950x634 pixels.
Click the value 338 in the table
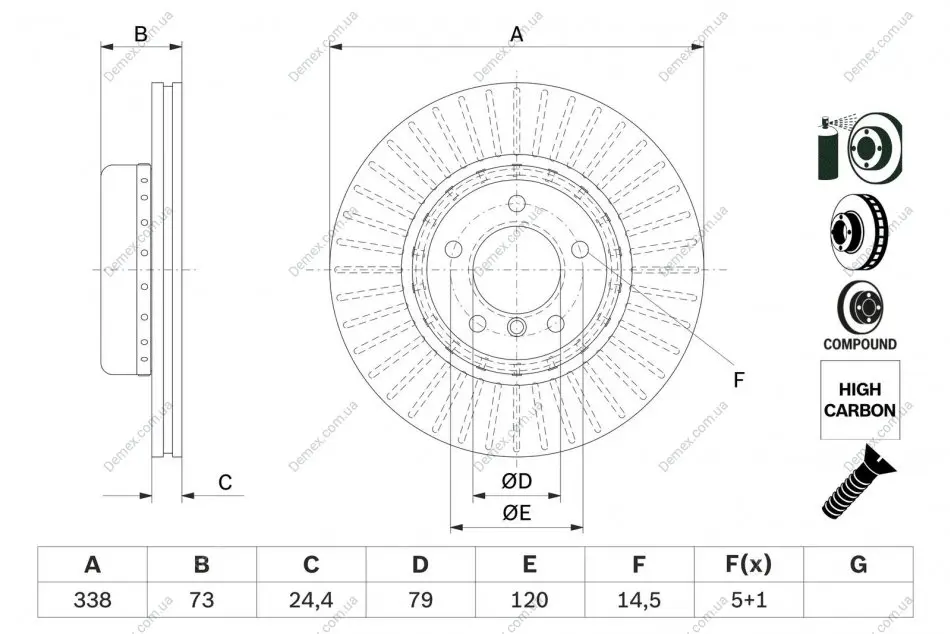(x=93, y=599)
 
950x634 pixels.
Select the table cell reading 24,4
(x=311, y=599)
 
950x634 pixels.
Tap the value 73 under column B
(x=202, y=599)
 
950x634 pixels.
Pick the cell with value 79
(x=420, y=599)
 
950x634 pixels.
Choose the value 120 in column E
(x=530, y=599)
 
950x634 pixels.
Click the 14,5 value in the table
(x=639, y=599)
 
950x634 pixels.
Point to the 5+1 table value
(x=749, y=599)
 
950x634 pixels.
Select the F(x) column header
(x=749, y=564)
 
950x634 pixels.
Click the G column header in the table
(x=859, y=564)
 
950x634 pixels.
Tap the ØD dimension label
(x=517, y=481)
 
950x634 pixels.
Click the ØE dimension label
(x=517, y=513)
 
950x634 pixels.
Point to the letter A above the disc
(x=517, y=34)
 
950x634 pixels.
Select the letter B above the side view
(x=141, y=34)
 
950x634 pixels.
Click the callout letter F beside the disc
(x=739, y=380)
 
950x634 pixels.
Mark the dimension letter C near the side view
(x=225, y=482)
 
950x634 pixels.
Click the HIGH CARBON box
(x=860, y=400)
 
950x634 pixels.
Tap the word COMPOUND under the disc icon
(x=860, y=344)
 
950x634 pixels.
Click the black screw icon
(x=859, y=482)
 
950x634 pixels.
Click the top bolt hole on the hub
(x=517, y=204)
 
